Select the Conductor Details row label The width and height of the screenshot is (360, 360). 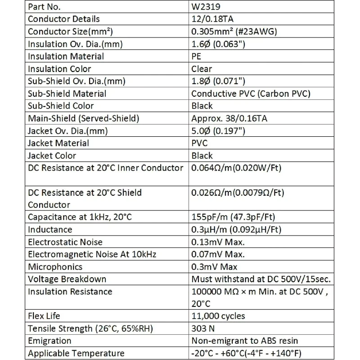(64, 19)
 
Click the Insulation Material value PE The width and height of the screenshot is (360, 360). (197, 56)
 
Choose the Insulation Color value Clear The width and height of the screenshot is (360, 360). (202, 69)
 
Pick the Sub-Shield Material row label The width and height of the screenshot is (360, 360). (67, 94)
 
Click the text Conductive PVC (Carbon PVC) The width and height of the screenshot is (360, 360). (251, 94)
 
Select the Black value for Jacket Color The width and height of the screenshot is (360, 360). (202, 156)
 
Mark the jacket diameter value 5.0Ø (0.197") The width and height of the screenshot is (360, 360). (219, 131)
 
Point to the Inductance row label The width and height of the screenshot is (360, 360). (50, 229)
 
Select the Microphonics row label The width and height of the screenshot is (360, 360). (55, 267)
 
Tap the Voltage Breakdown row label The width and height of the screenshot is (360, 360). (67, 279)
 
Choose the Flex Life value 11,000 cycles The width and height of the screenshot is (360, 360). (219, 316)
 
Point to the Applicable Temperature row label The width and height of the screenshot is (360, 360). (76, 353)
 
